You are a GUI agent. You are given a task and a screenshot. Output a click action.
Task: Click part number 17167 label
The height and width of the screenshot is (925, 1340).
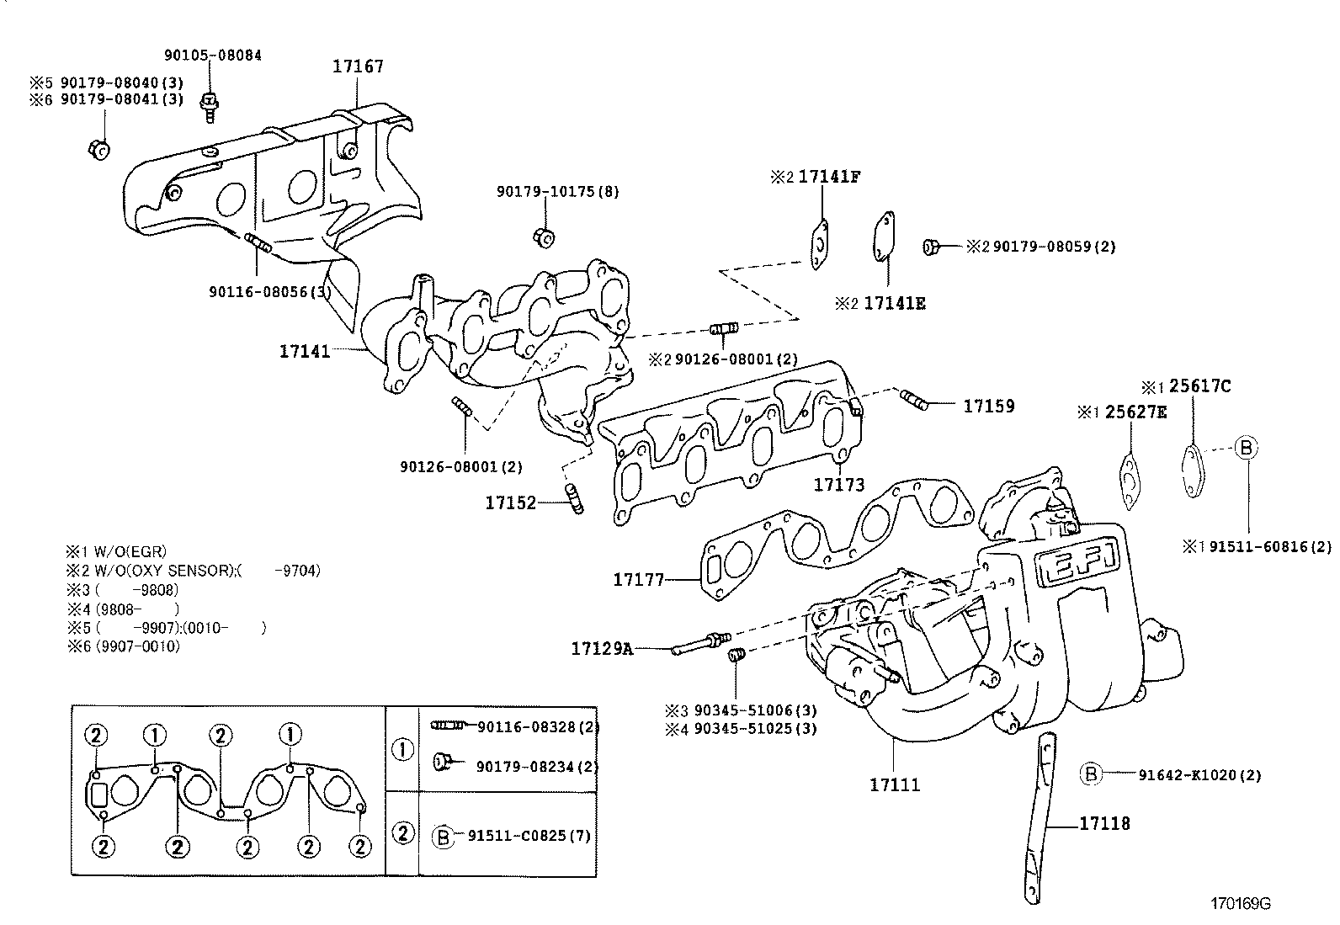[358, 66]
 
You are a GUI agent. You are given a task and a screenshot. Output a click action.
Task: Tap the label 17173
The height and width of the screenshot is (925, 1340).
[838, 485]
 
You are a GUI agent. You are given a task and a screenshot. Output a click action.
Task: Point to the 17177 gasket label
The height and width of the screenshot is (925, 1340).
[639, 579]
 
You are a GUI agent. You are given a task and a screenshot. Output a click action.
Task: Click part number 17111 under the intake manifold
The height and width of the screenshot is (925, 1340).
[895, 784]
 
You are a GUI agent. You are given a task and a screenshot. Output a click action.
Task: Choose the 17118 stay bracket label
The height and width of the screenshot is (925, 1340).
[1105, 823]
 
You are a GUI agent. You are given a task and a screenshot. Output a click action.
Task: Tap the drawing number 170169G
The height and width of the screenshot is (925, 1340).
[1240, 904]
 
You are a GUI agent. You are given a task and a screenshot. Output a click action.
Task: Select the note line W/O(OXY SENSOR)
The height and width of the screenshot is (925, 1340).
[193, 571]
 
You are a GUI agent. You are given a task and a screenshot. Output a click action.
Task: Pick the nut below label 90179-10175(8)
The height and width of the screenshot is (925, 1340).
[544, 237]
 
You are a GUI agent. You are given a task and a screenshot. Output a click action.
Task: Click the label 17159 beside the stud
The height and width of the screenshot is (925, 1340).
[988, 406]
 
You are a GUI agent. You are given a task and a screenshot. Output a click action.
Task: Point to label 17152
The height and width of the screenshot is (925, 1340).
[510, 503]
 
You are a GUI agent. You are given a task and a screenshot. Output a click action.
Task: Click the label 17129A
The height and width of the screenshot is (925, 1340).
[601, 648]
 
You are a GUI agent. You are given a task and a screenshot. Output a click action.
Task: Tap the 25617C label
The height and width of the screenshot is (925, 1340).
[1199, 386]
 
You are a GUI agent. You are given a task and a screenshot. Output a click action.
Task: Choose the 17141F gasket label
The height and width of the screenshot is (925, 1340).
[829, 177]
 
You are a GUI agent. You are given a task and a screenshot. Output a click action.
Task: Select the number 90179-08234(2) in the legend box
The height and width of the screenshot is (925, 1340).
[537, 766]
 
